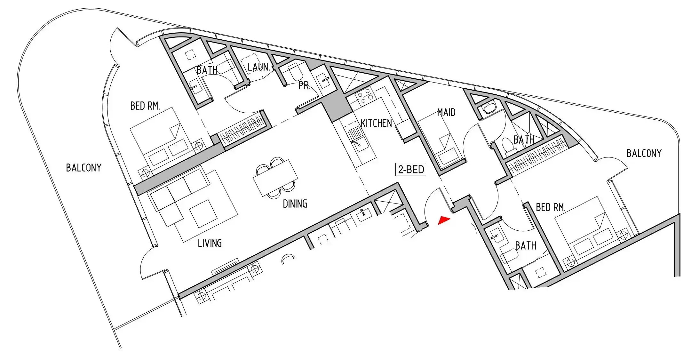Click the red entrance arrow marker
(444, 220)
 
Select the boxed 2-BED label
(411, 169)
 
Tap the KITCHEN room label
(376, 123)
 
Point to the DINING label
(295, 204)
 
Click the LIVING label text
(210, 244)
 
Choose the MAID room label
(446, 112)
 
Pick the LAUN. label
(259, 67)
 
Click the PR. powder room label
(305, 85)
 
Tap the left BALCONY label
(83, 168)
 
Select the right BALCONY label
(644, 153)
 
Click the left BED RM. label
(145, 106)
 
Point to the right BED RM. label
(551, 207)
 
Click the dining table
(275, 178)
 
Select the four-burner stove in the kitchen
(364, 97)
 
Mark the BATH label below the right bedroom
(526, 246)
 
